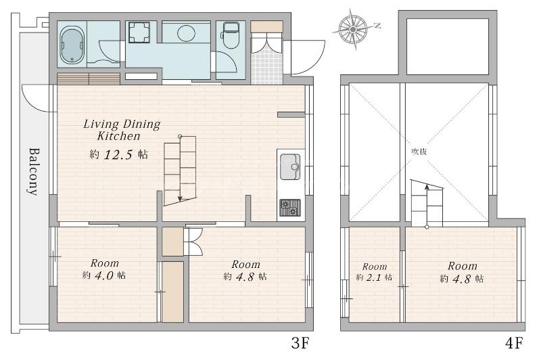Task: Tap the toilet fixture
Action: pyautogui.click(x=231, y=35)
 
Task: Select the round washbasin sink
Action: pyautogui.click(x=187, y=33)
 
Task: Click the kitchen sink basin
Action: pyautogui.click(x=290, y=167)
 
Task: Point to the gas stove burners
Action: pyautogui.click(x=290, y=208)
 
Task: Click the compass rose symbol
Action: pyautogui.click(x=353, y=30)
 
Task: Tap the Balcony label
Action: pyautogui.click(x=33, y=172)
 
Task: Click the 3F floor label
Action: pyautogui.click(x=300, y=344)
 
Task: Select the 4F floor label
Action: pyautogui.click(x=514, y=344)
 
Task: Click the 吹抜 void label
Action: pyautogui.click(x=419, y=152)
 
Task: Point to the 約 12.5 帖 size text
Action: pyautogui.click(x=119, y=154)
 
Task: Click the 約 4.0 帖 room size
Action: pyautogui.click(x=104, y=275)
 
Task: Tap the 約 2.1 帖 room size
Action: pyautogui.click(x=374, y=277)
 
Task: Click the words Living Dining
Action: pyautogui.click(x=122, y=124)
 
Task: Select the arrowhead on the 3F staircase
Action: pyautogui.click(x=180, y=198)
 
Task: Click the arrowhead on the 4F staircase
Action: pyautogui.click(x=427, y=187)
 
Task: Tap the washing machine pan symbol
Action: pyautogui.click(x=139, y=32)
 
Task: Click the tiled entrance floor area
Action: pyautogui.click(x=266, y=68)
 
